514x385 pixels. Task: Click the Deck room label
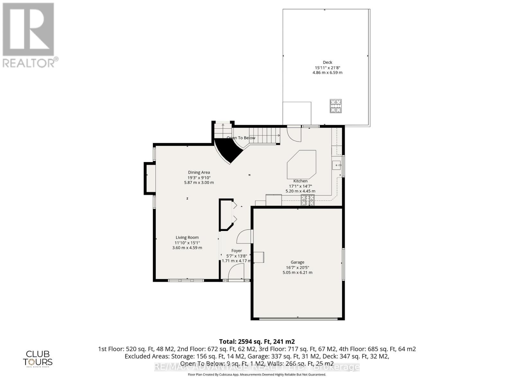(x=327, y=63)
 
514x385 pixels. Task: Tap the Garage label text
(x=297, y=262)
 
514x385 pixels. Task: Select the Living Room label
(x=187, y=237)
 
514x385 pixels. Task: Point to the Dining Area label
(x=199, y=172)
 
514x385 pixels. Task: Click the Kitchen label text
(x=300, y=181)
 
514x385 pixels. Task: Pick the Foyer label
(x=236, y=251)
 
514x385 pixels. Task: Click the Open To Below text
(x=241, y=138)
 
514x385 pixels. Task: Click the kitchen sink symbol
(x=337, y=165)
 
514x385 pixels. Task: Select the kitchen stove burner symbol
(x=307, y=200)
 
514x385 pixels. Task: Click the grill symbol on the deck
(x=336, y=106)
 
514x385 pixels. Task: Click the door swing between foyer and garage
(x=244, y=237)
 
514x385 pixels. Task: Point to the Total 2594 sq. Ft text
(x=257, y=341)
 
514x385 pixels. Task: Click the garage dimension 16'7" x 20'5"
(x=297, y=267)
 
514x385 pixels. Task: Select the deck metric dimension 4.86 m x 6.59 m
(x=327, y=73)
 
